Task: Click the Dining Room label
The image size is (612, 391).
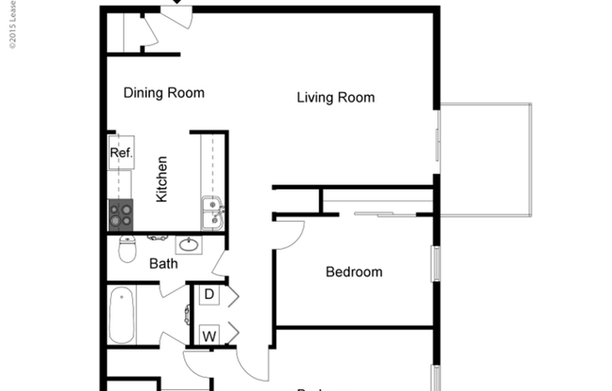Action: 164,93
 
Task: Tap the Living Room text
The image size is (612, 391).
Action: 336,98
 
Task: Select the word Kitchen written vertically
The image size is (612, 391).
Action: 161,180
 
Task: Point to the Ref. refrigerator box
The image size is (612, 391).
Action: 121,153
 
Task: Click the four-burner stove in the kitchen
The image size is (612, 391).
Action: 121,216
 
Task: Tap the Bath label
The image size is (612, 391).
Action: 163,264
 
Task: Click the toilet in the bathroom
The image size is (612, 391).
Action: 128,249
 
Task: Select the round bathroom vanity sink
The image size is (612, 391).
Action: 190,246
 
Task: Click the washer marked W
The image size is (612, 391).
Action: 208,335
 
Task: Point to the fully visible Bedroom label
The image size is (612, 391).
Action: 354,273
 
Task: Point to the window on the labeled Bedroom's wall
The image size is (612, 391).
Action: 435,262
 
